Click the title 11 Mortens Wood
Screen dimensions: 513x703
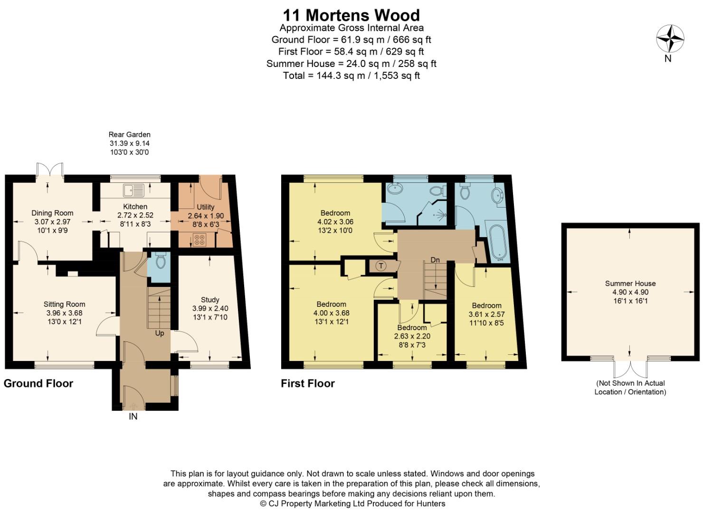(x=351, y=15)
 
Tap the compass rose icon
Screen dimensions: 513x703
(x=670, y=39)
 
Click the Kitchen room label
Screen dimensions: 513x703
(x=135, y=207)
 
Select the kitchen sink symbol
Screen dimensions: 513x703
(x=133, y=190)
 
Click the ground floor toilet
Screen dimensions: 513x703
(x=161, y=262)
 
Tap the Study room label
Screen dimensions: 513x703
(x=210, y=300)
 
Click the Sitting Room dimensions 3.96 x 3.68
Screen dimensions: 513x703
(x=65, y=313)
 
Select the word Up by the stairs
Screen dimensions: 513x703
(x=160, y=333)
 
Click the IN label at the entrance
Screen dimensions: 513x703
(x=133, y=417)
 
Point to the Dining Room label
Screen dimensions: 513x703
(x=52, y=213)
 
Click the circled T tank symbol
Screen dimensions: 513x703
(x=380, y=266)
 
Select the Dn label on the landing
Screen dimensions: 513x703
(x=435, y=260)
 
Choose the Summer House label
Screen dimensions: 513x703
(x=630, y=284)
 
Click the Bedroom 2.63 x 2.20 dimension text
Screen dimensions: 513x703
(x=412, y=336)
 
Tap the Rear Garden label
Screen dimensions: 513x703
(x=129, y=134)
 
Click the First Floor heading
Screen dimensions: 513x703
(x=308, y=383)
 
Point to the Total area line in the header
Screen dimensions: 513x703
(x=351, y=76)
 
